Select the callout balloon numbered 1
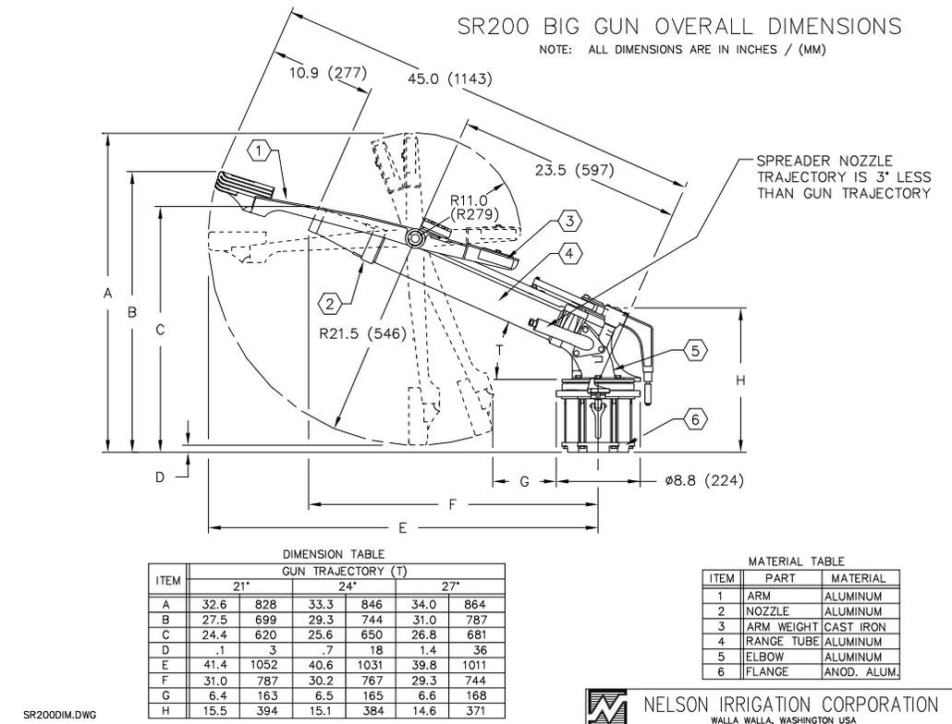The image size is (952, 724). tap(261, 149)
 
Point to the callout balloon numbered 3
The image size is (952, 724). tap(571, 221)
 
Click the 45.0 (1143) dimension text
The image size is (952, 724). tap(449, 78)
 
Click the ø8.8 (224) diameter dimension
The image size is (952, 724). tap(704, 481)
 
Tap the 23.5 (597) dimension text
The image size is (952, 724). tap(573, 170)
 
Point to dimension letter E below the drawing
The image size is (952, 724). tap(403, 527)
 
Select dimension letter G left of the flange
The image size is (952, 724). tap(523, 481)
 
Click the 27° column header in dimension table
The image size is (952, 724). tap(450, 585)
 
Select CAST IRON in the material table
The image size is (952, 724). tap(854, 627)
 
